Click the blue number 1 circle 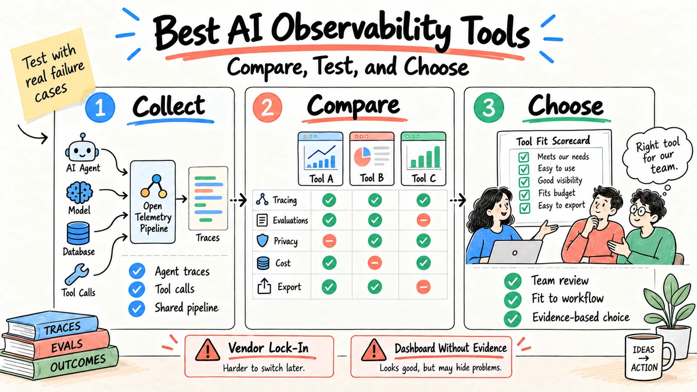tap(100, 107)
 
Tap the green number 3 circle tap(488, 107)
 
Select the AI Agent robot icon tap(82, 149)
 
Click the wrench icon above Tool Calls tap(77, 274)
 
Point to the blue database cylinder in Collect tap(78, 233)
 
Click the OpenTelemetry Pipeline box tap(153, 202)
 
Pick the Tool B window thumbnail tap(372, 159)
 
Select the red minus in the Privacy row tap(329, 241)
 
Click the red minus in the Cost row tap(375, 263)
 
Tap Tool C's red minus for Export tap(423, 286)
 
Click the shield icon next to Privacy tap(263, 241)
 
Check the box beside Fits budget tap(524, 195)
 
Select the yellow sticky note tap(53, 74)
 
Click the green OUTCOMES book tap(60, 364)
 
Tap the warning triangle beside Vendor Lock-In tap(207, 350)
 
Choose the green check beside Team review tap(512, 281)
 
